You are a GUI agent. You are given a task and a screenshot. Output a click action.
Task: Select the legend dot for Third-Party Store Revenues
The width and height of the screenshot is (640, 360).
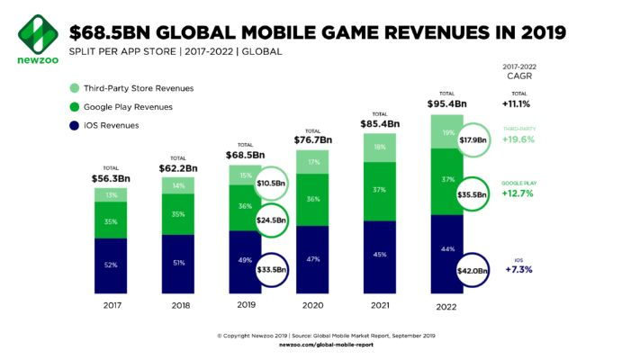(x=75, y=88)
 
